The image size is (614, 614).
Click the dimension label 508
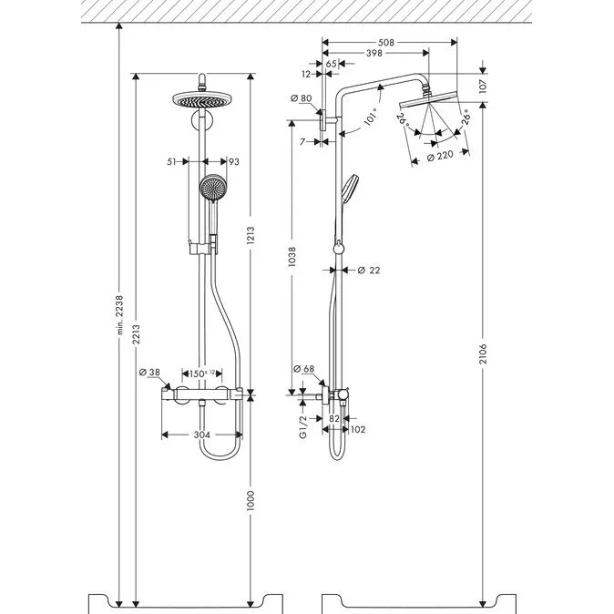385,42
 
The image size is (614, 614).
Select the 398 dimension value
374,53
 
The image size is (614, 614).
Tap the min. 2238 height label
120,315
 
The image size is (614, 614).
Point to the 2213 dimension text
136,334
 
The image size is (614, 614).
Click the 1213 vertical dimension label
251,235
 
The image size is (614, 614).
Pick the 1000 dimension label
251,500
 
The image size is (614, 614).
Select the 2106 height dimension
483,353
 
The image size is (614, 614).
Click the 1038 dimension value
292,257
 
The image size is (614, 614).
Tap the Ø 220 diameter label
439,156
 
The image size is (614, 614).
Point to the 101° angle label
372,117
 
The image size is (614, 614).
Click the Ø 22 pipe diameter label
369,270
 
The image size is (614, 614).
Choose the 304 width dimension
202,435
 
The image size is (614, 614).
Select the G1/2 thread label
303,427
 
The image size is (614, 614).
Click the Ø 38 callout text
149,372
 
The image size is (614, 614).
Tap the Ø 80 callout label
302,97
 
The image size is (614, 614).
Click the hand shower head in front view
213,187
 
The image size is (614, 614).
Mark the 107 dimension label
483,86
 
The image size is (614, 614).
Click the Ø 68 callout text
304,368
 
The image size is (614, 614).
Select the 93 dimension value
234,162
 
